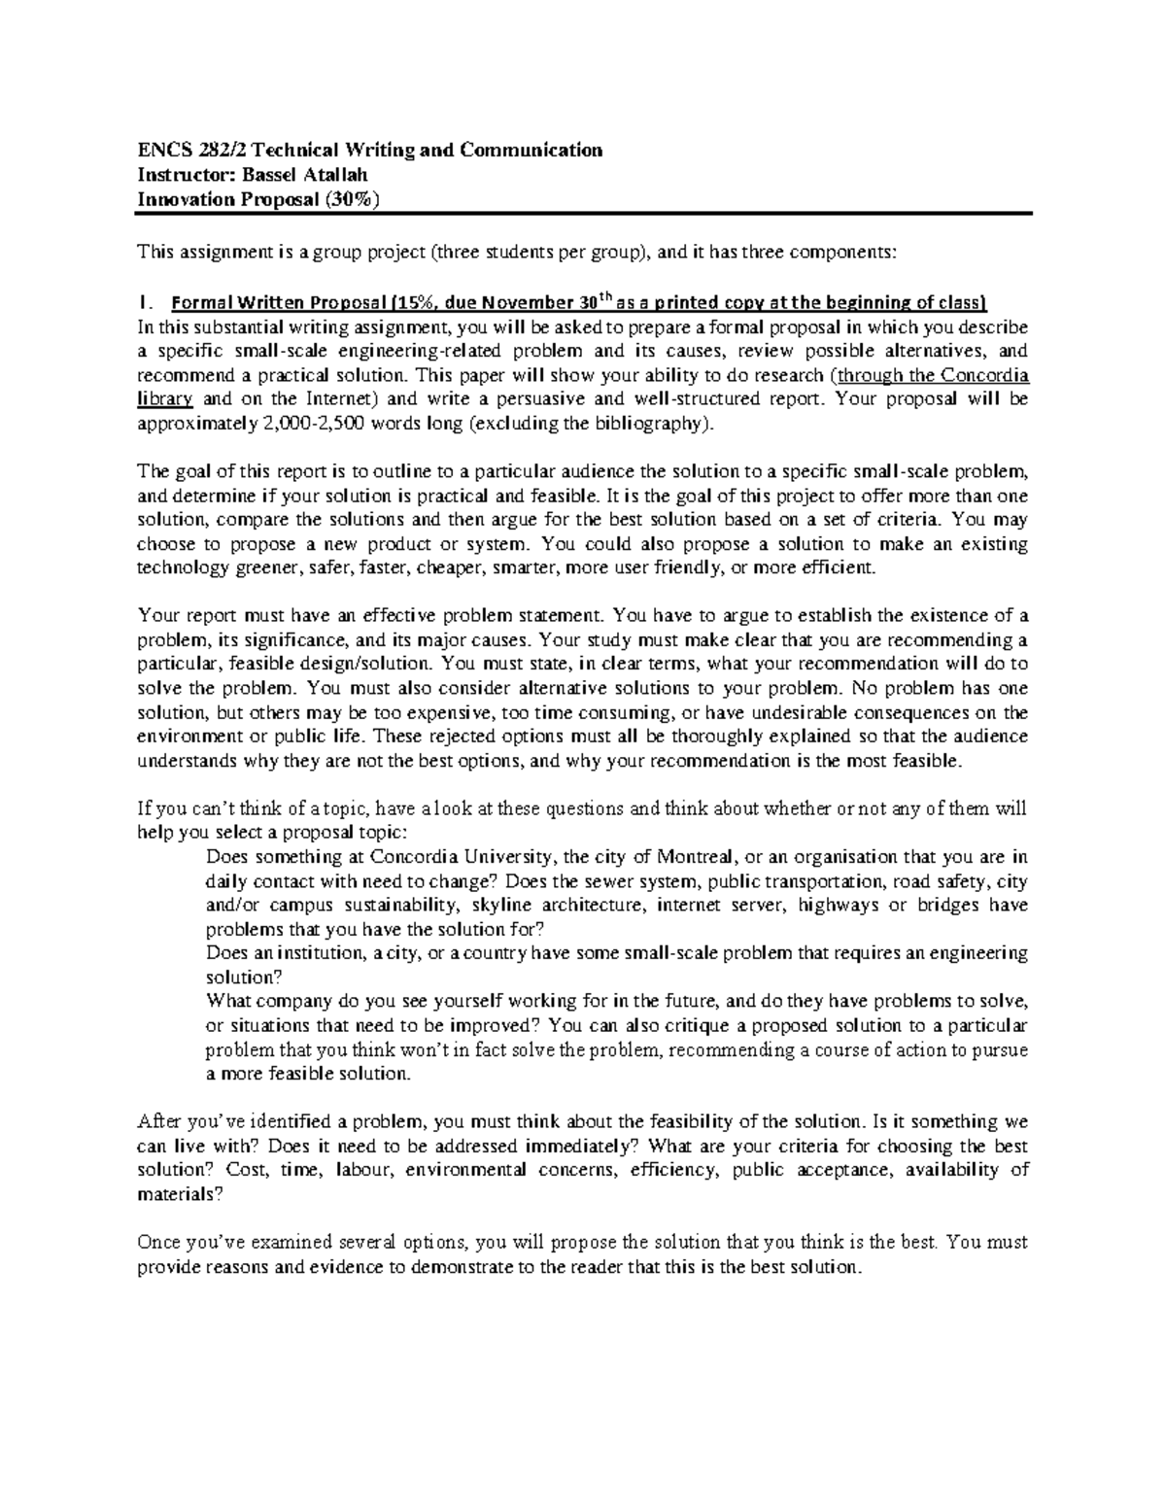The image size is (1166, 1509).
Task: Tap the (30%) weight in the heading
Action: pyautogui.click(x=343, y=200)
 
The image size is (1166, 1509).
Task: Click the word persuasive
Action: pyautogui.click(x=568, y=399)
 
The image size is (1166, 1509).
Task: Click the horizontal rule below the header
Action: pyautogui.click(x=583, y=214)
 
